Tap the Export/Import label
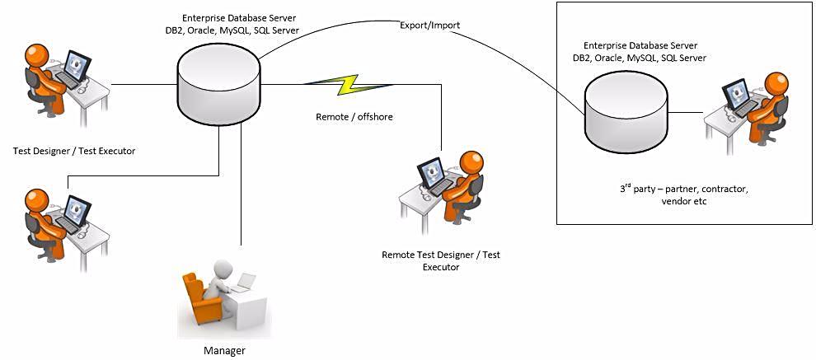(x=429, y=26)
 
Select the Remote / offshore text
(x=354, y=117)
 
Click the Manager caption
(x=224, y=351)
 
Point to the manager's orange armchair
(x=200, y=299)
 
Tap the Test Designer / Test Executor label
(x=74, y=151)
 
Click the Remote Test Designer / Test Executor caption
(x=440, y=260)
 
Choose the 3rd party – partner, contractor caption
(x=683, y=189)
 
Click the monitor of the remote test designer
(x=433, y=172)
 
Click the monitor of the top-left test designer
(x=78, y=66)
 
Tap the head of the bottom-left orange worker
(x=37, y=200)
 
